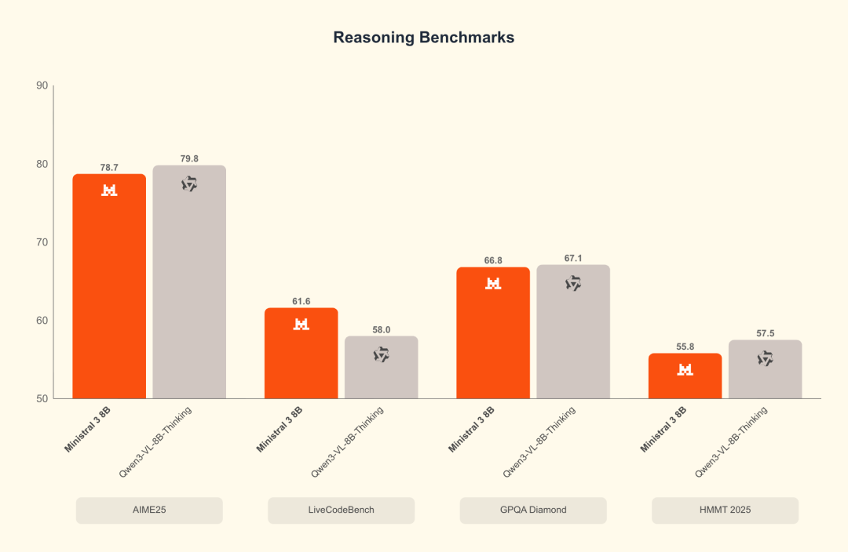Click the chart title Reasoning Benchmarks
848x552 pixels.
424,38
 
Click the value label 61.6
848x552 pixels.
302,301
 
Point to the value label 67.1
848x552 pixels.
573,258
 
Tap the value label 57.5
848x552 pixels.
766,333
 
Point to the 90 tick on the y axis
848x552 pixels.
42,85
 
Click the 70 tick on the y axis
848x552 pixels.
42,242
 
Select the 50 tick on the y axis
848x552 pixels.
42,398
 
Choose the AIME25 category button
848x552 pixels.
149,510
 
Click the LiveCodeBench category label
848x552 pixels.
341,510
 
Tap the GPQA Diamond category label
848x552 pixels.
533,510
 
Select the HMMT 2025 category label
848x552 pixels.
725,510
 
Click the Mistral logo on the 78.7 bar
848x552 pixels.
109,190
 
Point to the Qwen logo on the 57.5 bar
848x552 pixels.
766,358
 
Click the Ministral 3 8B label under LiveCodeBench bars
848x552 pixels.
280,428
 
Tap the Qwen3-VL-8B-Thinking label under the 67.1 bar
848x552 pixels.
539,441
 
